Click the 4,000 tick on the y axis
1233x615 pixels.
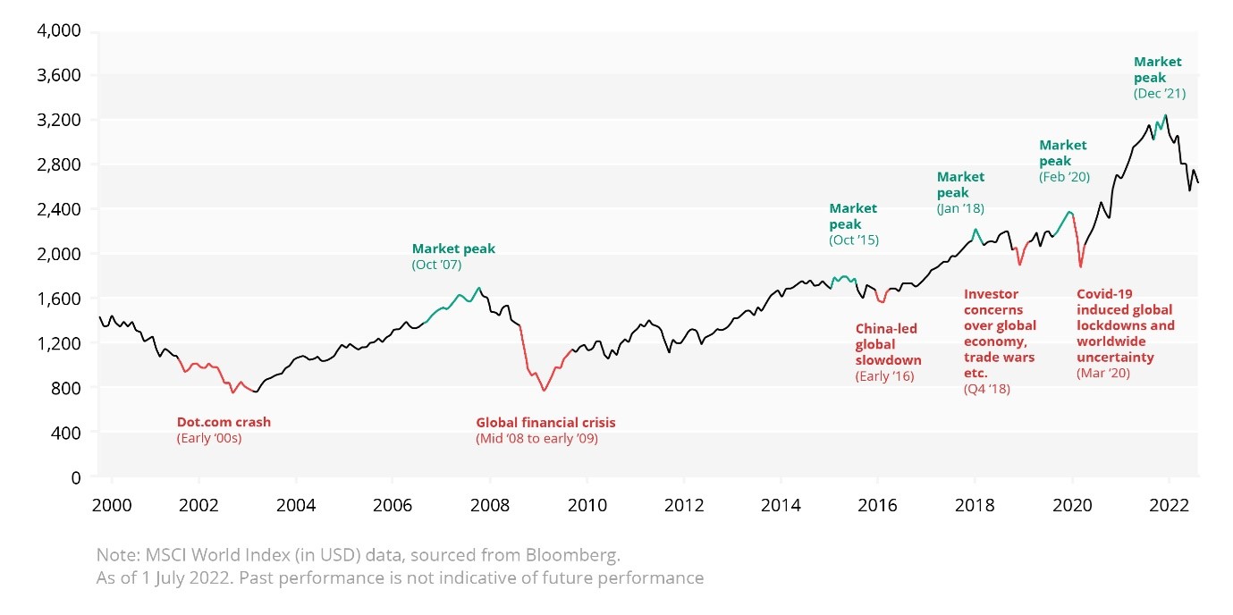click(60, 31)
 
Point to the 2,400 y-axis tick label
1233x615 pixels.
click(60, 209)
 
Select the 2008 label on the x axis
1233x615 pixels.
click(489, 504)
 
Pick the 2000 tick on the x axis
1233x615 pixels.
click(112, 504)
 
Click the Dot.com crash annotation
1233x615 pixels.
click(224, 423)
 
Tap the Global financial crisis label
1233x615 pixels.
click(545, 423)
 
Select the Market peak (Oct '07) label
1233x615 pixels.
click(453, 249)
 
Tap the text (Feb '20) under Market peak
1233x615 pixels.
click(1064, 178)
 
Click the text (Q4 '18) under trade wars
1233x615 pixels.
click(986, 390)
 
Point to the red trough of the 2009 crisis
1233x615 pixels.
click(543, 391)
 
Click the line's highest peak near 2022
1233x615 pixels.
click(1166, 115)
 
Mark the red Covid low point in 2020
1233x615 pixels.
click(1081, 266)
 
